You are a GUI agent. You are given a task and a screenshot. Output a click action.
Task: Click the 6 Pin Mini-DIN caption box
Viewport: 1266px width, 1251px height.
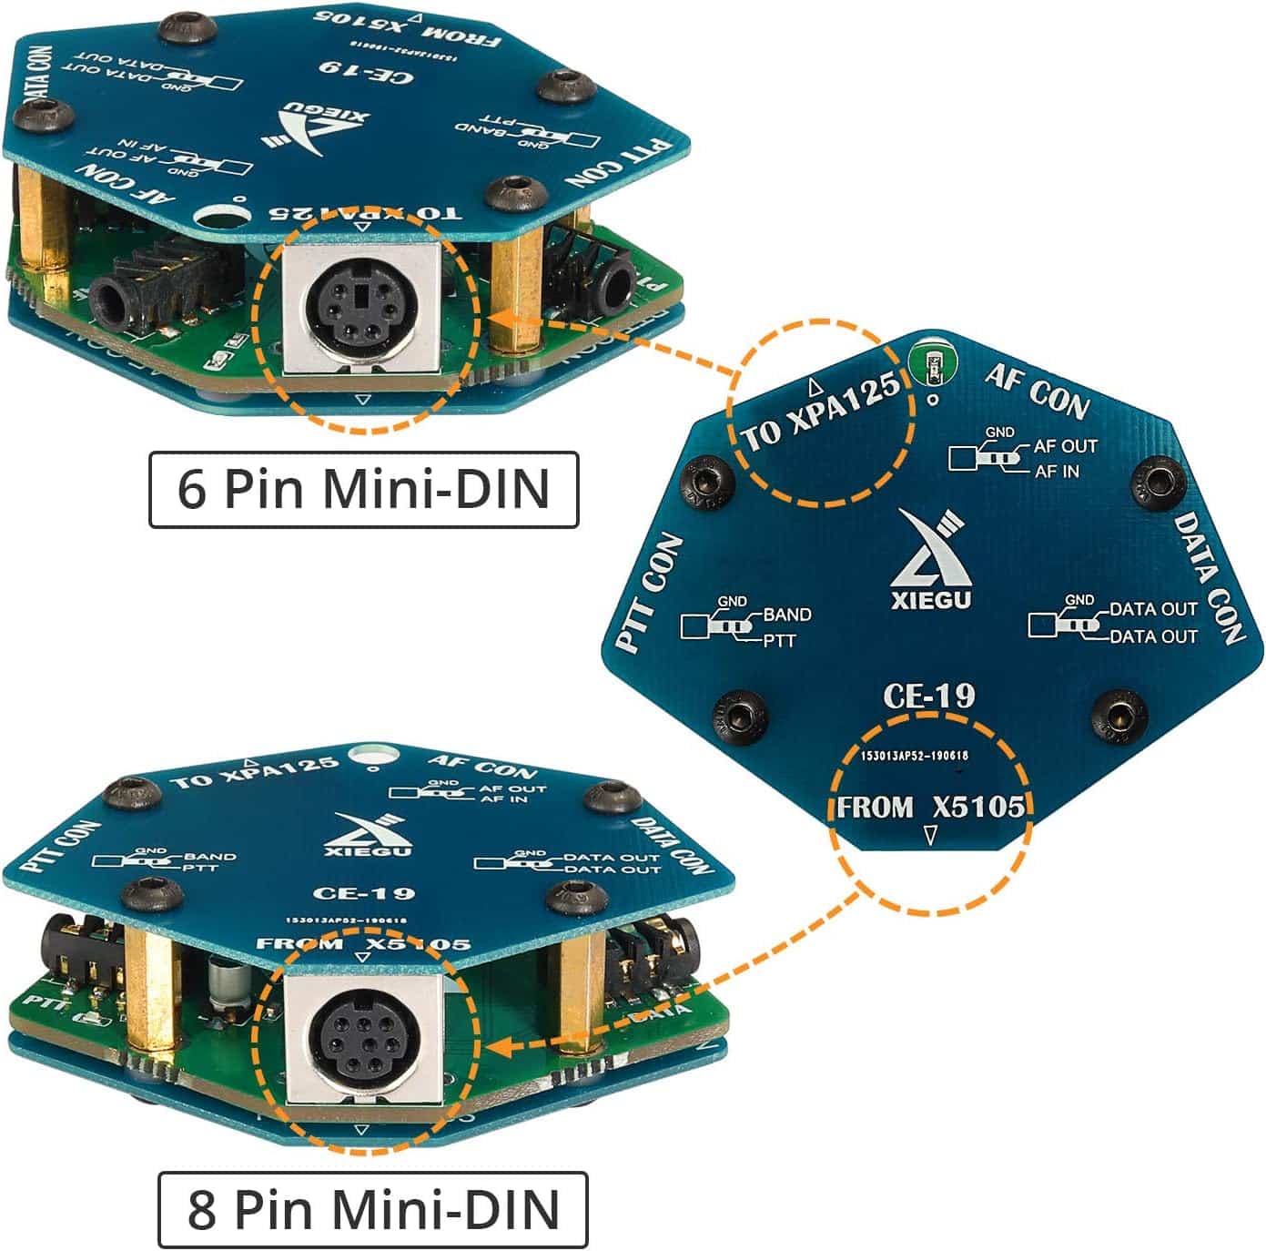point(363,489)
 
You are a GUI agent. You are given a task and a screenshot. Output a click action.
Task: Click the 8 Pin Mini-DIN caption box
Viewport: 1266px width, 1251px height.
point(373,1209)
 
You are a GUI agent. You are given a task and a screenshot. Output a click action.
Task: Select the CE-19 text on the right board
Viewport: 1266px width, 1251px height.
point(928,697)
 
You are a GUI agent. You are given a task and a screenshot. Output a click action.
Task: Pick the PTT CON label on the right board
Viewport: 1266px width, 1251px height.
point(650,592)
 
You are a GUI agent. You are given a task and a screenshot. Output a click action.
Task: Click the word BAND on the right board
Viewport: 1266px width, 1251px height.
point(787,615)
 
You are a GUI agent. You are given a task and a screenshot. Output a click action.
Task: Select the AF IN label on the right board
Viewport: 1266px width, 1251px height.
point(1057,471)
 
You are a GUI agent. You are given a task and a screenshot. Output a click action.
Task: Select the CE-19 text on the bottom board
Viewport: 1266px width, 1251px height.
point(363,894)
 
